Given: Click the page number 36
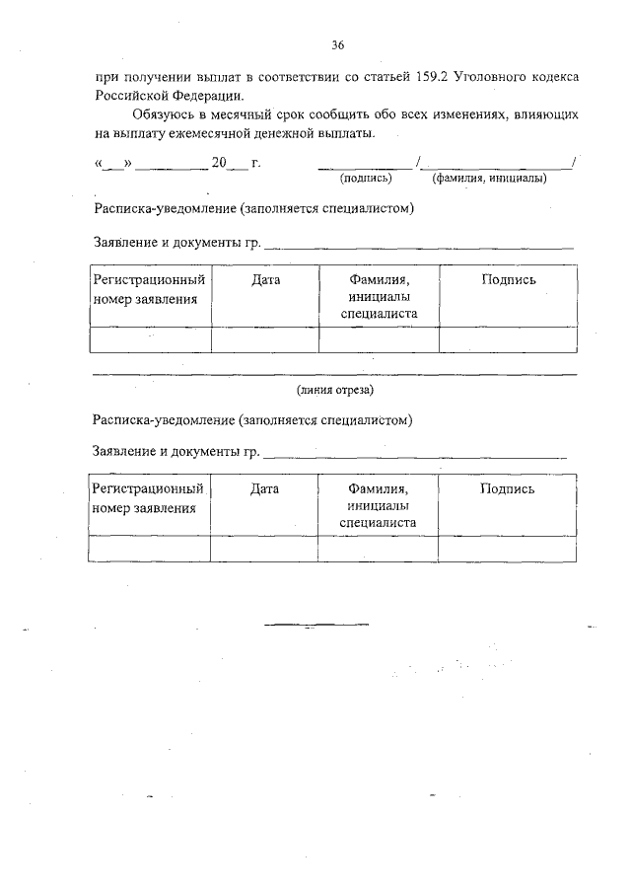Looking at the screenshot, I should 338,45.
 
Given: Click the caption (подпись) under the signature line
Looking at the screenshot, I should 366,179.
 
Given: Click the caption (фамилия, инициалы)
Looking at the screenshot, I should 489,179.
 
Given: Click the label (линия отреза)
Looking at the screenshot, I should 335,390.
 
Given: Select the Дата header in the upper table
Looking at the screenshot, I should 265,280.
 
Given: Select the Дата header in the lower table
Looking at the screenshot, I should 264,488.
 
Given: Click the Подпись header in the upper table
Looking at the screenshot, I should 509,280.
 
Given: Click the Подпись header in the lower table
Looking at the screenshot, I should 508,488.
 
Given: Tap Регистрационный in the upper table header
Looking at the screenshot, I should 149,280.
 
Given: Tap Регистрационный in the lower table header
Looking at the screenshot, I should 148,488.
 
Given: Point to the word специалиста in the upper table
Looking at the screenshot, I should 379,314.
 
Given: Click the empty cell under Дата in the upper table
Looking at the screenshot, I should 265,338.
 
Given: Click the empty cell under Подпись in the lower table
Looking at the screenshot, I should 508,548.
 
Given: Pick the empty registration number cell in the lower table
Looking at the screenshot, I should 149,548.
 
